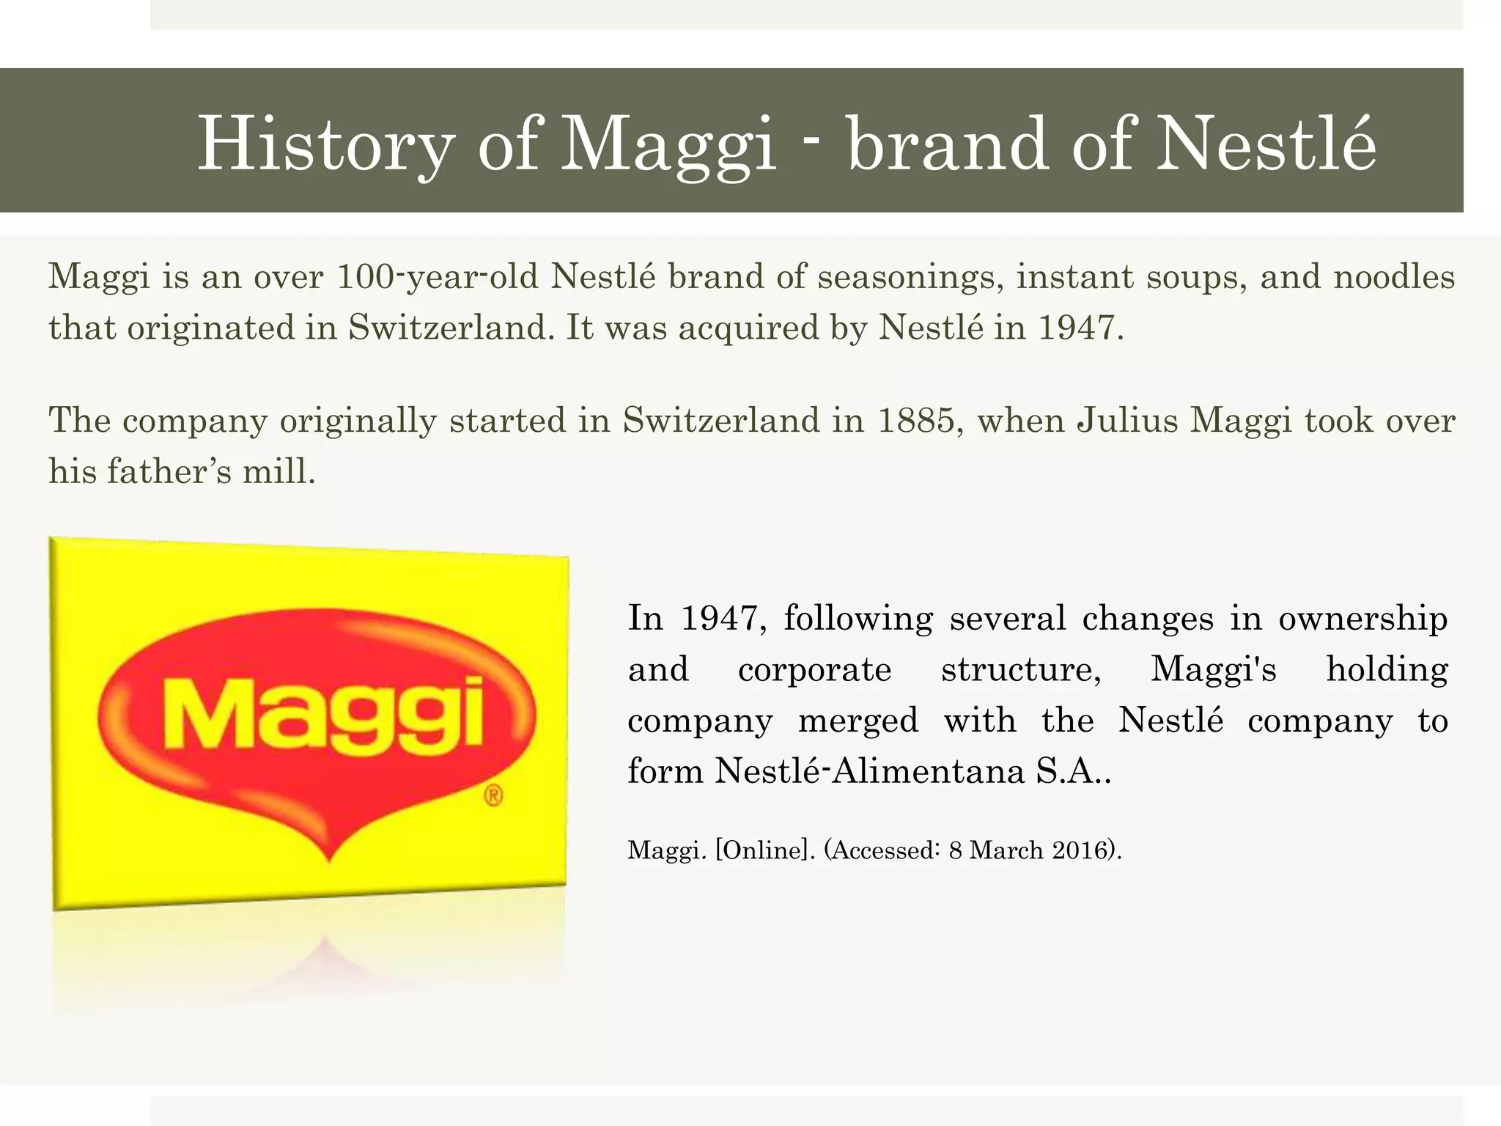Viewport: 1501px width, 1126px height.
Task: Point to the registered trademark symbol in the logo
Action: (x=494, y=796)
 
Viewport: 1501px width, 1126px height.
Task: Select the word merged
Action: (x=858, y=721)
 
